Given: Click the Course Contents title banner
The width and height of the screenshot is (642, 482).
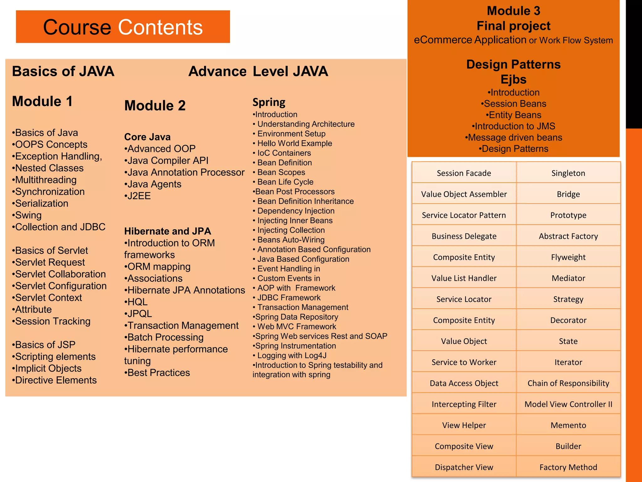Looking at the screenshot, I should pos(123,27).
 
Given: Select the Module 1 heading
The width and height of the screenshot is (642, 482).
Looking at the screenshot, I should pos(42,101).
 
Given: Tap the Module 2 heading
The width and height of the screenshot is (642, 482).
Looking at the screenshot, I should pos(155,105).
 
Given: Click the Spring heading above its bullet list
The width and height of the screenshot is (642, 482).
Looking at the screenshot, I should pos(269,102).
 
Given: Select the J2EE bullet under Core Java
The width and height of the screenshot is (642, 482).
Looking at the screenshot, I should pos(138,196).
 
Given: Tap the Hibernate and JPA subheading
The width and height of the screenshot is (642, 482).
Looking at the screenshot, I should pos(168,231).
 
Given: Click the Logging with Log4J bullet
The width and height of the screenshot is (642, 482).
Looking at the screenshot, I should pos(291,356).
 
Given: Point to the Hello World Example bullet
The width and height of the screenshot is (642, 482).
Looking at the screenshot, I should pos(293,143).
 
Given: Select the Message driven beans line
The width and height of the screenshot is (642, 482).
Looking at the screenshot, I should pos(514,137).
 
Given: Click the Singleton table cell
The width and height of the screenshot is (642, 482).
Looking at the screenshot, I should pos(568,173).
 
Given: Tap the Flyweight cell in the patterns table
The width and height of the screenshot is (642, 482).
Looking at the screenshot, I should pos(568,257).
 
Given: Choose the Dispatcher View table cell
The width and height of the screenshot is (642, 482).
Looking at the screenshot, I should pos(464,467).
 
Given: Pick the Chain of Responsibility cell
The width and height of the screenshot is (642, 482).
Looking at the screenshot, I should pos(568,383).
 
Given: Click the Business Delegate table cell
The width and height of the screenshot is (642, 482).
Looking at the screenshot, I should pos(464,236).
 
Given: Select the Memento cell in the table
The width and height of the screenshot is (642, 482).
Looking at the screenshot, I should pos(568,425).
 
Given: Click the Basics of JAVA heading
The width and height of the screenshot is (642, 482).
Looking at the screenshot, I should pos(63,72).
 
